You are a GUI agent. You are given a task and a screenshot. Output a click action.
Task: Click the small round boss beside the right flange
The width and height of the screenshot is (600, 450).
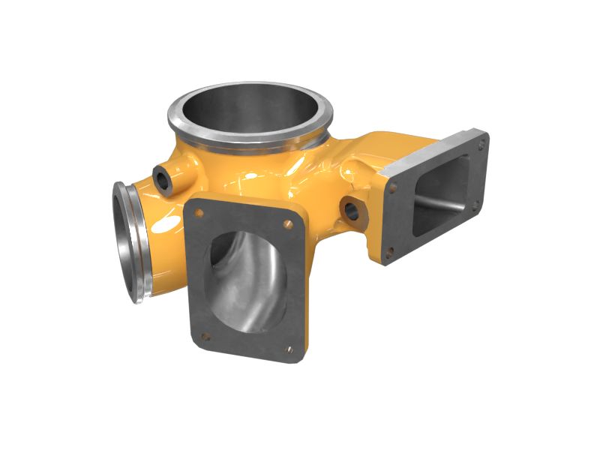coord(352,210)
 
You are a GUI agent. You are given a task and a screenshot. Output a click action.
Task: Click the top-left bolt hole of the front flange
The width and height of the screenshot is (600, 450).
coord(199,213)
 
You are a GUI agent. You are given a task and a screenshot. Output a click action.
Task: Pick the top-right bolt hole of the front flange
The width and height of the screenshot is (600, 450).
coord(289,223)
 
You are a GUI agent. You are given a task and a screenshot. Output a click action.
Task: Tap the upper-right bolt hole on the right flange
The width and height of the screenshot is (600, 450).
coord(478,139)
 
